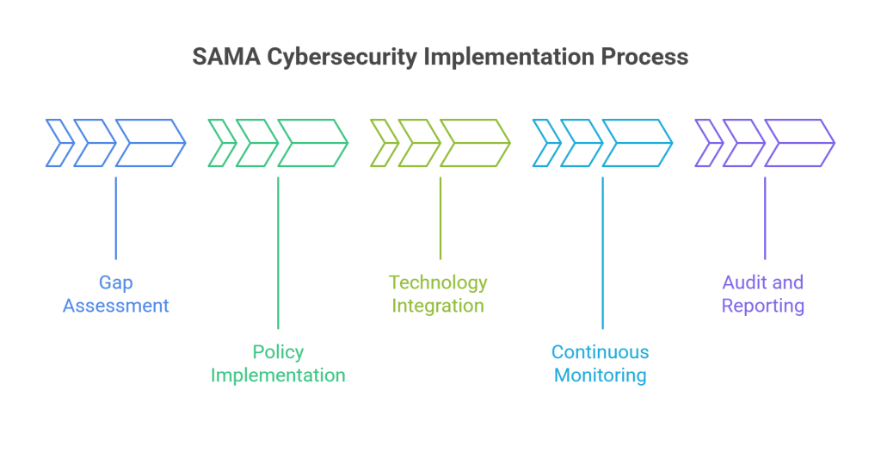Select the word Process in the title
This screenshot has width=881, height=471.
pyautogui.click(x=639, y=57)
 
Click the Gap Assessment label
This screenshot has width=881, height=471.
pyautogui.click(x=116, y=294)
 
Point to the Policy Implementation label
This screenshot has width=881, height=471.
pyautogui.click(x=278, y=363)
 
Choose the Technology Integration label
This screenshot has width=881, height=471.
pyautogui.click(x=438, y=294)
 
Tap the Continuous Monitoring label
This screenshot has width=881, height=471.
pyautogui.click(x=601, y=363)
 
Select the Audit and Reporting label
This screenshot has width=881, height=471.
pyautogui.click(x=763, y=294)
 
